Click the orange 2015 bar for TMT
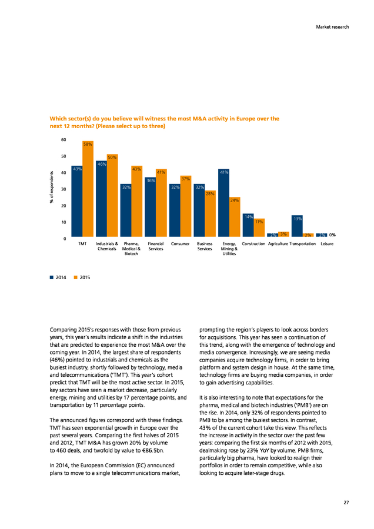[88, 189]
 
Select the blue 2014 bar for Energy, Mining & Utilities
[223, 203]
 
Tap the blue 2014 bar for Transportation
[297, 226]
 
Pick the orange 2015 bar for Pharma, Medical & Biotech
[136, 202]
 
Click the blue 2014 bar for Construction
[248, 225]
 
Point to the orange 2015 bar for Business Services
[210, 213]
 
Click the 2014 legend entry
[58, 277]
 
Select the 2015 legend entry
[82, 277]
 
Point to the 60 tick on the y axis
[64, 140]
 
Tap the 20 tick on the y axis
[64, 206]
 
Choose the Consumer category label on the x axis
[180, 244]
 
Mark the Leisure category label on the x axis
[327, 244]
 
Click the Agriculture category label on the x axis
[278, 244]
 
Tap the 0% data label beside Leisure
[332, 235]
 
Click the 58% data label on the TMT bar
[88, 145]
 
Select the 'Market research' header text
[332, 27]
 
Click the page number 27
[346, 503]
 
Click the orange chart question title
[165, 122]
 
